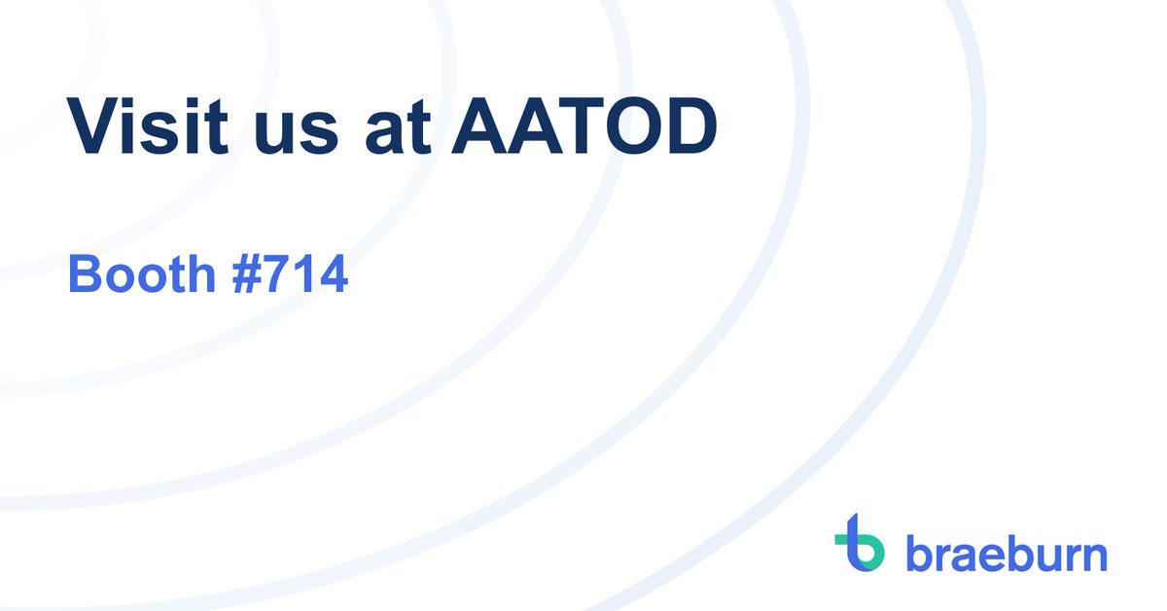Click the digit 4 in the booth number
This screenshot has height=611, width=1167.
(332, 276)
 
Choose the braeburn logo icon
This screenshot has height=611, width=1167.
(860, 543)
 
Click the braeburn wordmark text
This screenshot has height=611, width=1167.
(1007, 553)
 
